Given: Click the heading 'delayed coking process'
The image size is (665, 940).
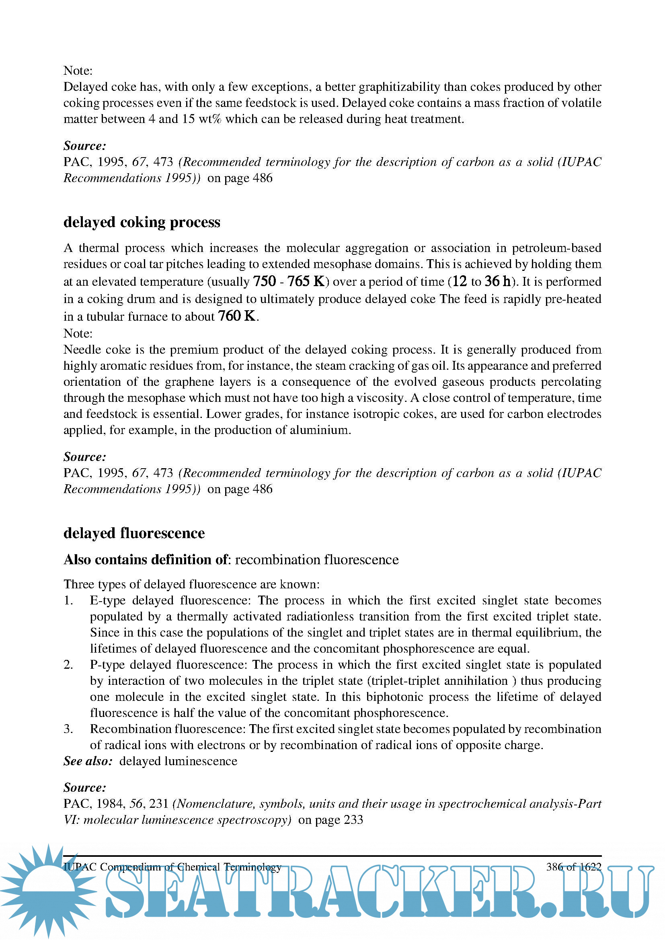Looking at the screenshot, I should click(142, 222).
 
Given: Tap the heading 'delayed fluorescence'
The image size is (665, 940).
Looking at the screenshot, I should click(134, 533).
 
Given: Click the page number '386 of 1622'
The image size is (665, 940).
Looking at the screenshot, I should click(573, 867).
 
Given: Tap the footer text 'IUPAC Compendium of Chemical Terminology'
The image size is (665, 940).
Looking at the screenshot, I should click(172, 867).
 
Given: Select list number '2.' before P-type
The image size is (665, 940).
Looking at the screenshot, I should click(68, 664).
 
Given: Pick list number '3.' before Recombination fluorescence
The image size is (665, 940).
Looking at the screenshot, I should click(68, 729).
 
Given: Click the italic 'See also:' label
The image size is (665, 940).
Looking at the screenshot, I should click(88, 761).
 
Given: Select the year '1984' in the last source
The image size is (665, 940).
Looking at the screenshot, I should click(110, 804).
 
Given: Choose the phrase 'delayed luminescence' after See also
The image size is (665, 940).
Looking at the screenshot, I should click(178, 761).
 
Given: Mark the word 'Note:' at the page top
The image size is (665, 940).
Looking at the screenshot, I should click(78, 71).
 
